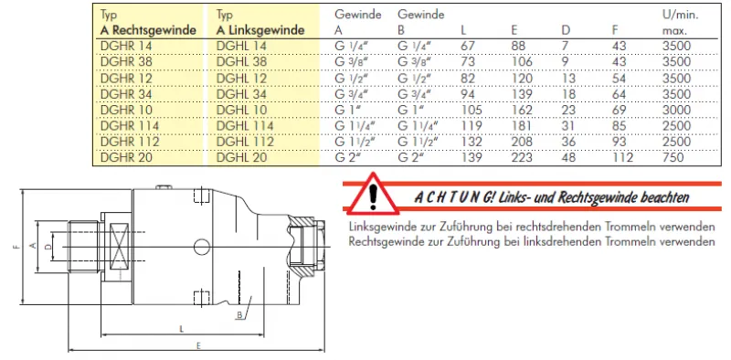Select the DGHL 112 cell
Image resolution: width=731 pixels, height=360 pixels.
pyautogui.click(x=245, y=142)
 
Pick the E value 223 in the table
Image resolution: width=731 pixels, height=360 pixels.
pyautogui.click(x=522, y=157)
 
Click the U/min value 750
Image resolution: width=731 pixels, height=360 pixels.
pyautogui.click(x=673, y=157)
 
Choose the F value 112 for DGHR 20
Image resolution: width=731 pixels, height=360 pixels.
pyautogui.click(x=622, y=157)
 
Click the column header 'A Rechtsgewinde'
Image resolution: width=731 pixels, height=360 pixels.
pyautogui.click(x=148, y=31)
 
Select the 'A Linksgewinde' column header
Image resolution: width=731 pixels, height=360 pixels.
pyautogui.click(x=260, y=31)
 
